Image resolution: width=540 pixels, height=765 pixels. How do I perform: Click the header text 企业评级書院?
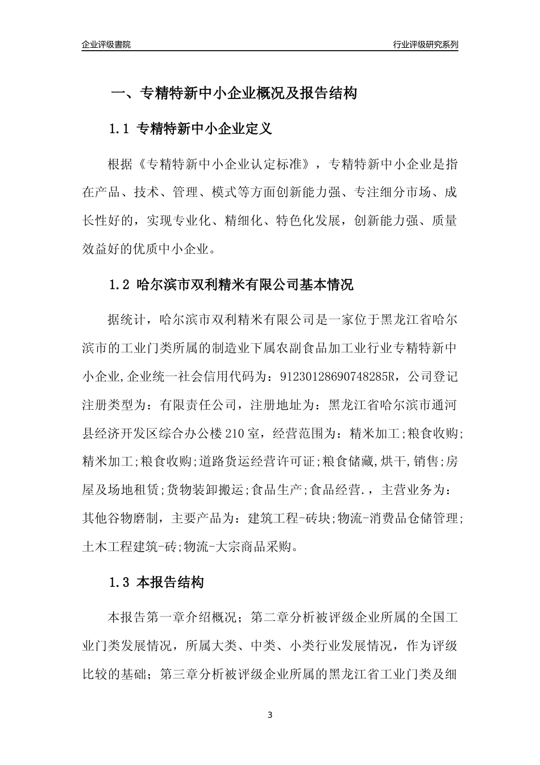click(106, 44)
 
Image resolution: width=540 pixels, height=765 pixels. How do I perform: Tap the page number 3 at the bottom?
click(270, 715)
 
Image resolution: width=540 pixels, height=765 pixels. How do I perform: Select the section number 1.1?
click(120, 130)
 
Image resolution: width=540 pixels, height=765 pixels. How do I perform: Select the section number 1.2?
click(120, 285)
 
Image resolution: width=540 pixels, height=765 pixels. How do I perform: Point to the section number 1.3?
click(120, 583)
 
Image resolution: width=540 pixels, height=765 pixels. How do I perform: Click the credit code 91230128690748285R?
click(337, 376)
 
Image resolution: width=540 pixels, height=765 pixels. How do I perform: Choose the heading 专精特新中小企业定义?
click(205, 130)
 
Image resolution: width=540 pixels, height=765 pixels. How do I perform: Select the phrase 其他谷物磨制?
click(119, 519)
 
